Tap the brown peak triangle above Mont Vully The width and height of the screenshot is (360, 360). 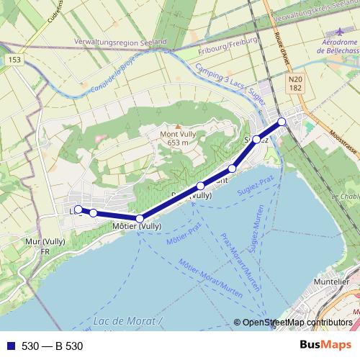(x=177, y=126)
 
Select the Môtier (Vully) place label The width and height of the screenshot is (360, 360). (x=137, y=226)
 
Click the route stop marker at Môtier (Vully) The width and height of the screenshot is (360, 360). (x=140, y=218)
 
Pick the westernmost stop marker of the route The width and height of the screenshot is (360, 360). (x=78, y=210)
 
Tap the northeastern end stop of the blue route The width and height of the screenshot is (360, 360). (x=282, y=122)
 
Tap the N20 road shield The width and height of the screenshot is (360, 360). (x=294, y=80)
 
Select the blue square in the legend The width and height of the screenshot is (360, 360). (x=10, y=346)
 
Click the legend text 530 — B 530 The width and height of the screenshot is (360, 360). (x=52, y=346)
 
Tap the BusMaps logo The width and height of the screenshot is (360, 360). (x=325, y=345)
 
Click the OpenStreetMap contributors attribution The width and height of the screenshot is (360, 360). (x=297, y=323)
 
